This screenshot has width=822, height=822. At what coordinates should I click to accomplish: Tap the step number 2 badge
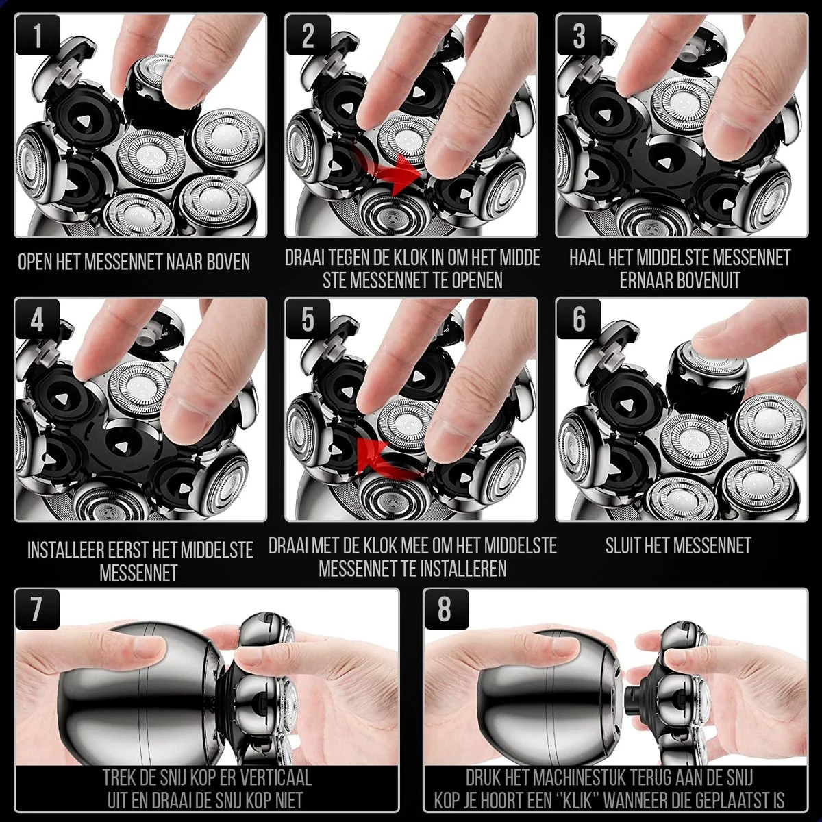coord(308,36)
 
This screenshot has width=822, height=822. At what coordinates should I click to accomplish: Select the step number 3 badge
coord(579,36)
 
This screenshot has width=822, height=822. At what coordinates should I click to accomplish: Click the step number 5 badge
coord(308,320)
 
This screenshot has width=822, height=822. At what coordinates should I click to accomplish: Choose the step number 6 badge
coord(579,320)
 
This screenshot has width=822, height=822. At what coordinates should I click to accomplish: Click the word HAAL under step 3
coord(588,258)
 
